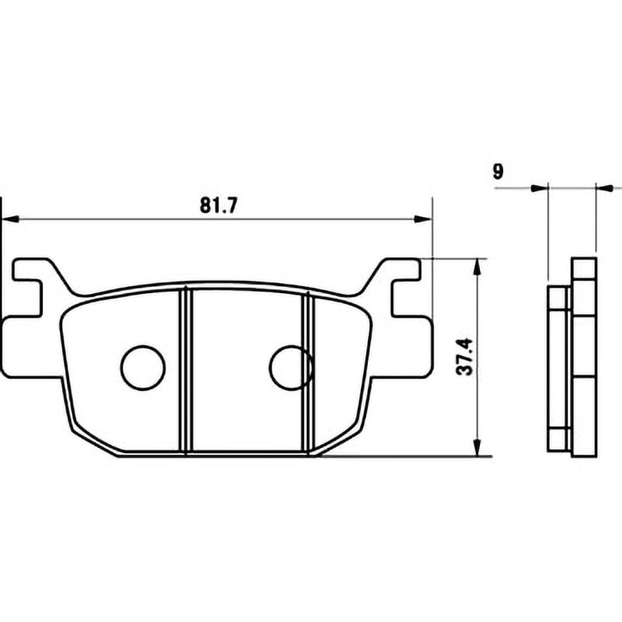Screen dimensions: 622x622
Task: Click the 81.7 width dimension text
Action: click(x=218, y=205)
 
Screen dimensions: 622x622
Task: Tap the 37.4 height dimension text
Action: click(x=464, y=356)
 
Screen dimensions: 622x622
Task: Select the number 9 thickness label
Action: click(x=498, y=172)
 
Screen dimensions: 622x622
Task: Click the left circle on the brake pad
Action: click(x=142, y=368)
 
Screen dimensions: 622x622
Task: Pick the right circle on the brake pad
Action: click(x=292, y=368)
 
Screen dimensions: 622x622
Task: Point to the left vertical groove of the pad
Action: click(x=186, y=372)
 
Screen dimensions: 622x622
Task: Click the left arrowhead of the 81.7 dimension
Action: click(x=10, y=218)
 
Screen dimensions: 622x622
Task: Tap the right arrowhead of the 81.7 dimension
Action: click(x=422, y=218)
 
